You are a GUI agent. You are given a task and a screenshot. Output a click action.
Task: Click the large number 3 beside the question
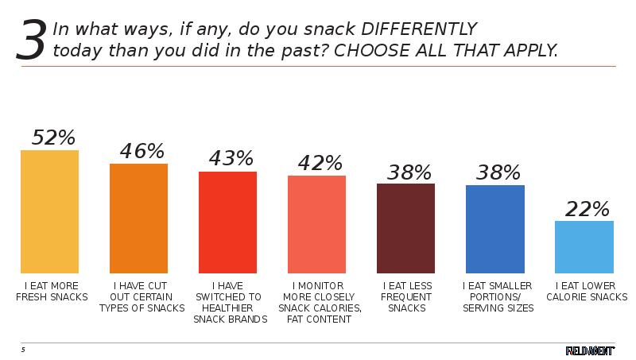tap(31, 41)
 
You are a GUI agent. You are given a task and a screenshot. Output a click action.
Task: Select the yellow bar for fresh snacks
tap(49, 211)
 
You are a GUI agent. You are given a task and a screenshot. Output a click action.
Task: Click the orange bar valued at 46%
tap(138, 219)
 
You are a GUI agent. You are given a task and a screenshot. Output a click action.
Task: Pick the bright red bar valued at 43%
tap(227, 223)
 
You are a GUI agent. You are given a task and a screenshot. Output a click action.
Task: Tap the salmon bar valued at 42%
tap(316, 224)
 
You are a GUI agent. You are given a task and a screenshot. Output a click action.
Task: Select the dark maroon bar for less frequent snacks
tap(405, 229)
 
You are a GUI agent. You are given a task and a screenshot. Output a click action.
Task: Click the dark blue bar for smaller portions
tap(495, 230)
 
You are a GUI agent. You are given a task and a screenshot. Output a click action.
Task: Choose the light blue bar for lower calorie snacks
tap(584, 247)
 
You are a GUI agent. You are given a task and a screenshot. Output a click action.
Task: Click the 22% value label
tap(587, 209)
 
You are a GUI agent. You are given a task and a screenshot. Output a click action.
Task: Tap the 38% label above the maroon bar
tap(409, 172)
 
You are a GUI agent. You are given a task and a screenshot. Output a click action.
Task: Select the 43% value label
tap(231, 158)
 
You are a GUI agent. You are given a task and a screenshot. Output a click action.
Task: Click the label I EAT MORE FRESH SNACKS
tap(48, 291)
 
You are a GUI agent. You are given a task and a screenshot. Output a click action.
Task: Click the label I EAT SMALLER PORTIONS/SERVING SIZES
tap(498, 296)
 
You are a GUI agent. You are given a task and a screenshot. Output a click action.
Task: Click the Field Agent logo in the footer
tap(590, 350)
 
